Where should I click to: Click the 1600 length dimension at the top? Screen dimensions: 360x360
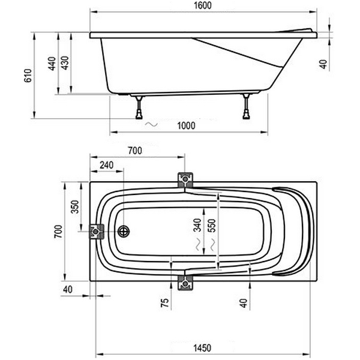click(x=203, y=5)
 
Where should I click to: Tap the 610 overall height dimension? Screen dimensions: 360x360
click(x=28, y=76)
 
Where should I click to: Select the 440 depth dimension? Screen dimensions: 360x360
click(x=52, y=64)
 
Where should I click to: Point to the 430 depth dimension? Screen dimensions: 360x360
click(x=65, y=63)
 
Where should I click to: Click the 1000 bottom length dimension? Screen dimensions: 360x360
click(x=186, y=126)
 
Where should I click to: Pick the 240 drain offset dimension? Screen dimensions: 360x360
click(x=107, y=165)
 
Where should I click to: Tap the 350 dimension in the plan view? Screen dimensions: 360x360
click(x=75, y=207)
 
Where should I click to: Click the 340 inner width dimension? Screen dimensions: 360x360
click(x=197, y=225)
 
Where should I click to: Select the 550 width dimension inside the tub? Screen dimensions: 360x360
click(x=212, y=226)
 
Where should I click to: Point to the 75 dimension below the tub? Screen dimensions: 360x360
click(x=165, y=303)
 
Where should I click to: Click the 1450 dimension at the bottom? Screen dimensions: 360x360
click(x=202, y=348)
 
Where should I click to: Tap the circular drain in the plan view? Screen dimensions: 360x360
click(x=124, y=232)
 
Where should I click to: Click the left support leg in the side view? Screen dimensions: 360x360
click(x=139, y=107)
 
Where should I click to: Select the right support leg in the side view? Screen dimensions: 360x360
click(x=247, y=106)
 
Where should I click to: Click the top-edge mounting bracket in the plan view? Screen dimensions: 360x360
click(x=185, y=180)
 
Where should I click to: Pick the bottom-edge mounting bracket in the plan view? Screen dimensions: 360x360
click(x=185, y=283)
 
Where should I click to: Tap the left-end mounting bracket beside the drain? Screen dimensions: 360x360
click(x=97, y=232)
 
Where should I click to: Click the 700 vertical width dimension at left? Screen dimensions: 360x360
click(x=58, y=232)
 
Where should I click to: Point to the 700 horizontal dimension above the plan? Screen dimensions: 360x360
click(x=135, y=151)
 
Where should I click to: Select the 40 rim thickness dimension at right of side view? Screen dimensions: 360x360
click(x=323, y=65)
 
